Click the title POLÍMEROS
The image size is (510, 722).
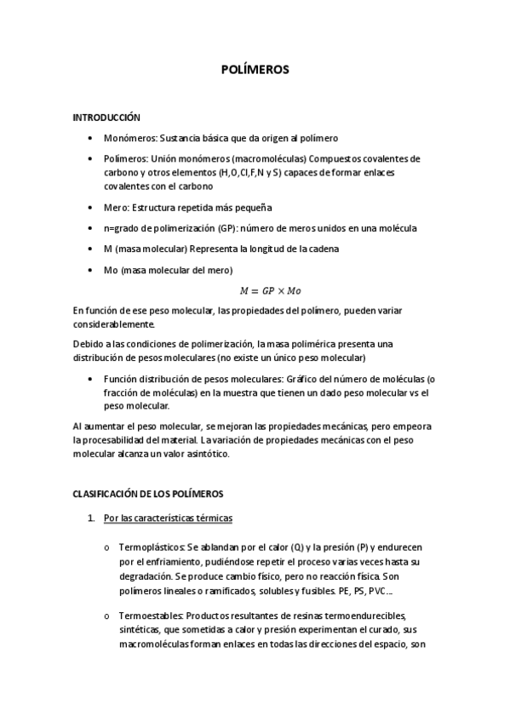click(x=255, y=71)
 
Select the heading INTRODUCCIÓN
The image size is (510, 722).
click(x=106, y=117)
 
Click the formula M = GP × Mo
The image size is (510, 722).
click(x=254, y=290)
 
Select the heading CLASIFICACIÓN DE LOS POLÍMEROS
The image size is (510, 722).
click(x=148, y=493)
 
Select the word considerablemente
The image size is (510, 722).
click(x=114, y=324)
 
